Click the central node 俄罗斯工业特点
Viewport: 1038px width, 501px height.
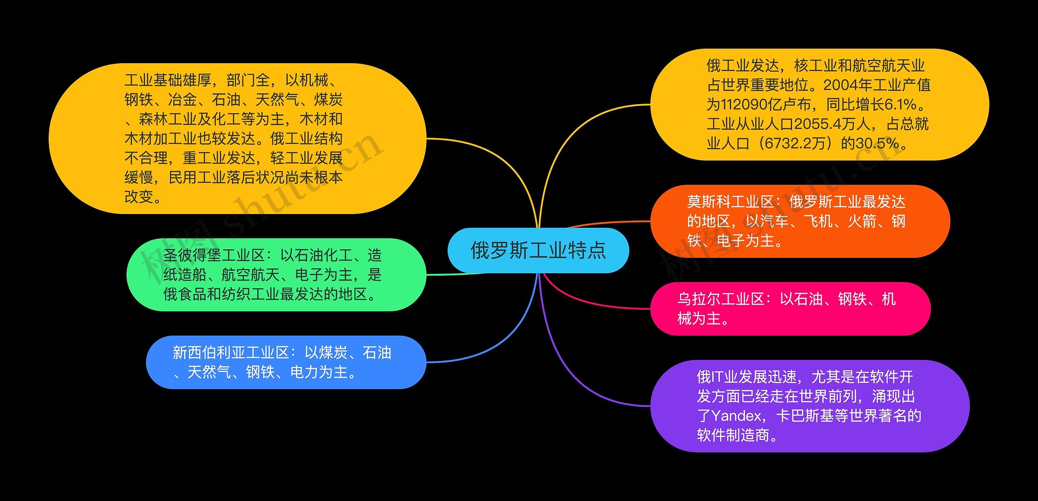(538, 250)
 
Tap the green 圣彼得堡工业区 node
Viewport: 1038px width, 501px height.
(276, 275)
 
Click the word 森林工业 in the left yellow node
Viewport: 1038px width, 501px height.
(167, 119)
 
